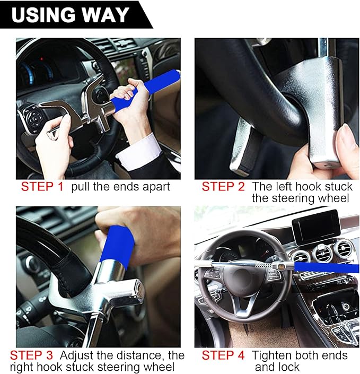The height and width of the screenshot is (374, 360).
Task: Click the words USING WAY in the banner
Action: pyautogui.click(x=71, y=15)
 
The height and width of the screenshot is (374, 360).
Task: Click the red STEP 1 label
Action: pyautogui.click(x=42, y=187)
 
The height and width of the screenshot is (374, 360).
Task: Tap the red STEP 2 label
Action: pyautogui.click(x=223, y=187)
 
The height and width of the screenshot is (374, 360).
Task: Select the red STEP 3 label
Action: pyautogui.click(x=31, y=355)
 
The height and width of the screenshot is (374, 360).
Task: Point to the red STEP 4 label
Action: pyautogui.click(x=223, y=355)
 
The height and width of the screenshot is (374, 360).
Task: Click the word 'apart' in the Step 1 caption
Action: pyautogui.click(x=156, y=187)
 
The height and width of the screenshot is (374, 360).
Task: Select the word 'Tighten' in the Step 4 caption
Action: pyautogui.click(x=270, y=355)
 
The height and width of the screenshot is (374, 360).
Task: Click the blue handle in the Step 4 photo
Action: pyautogui.click(x=327, y=267)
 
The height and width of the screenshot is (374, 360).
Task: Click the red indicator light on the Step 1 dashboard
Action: pyautogui.click(x=41, y=59)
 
